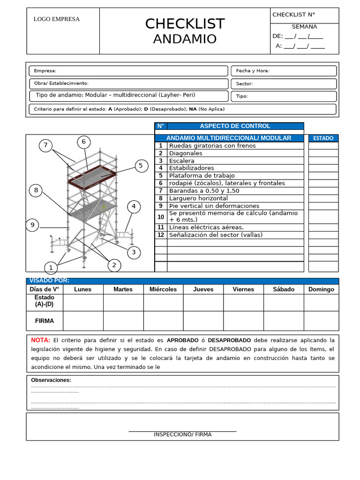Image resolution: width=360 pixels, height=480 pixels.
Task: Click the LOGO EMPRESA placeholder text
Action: (56, 19)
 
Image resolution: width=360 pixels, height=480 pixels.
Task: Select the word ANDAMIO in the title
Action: (185, 39)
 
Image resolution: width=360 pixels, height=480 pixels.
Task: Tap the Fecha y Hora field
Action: (283, 71)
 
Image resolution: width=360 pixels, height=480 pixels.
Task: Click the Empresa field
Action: (128, 71)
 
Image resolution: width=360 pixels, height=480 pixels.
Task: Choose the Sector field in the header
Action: (283, 83)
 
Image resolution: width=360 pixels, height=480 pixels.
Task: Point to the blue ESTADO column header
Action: (323, 138)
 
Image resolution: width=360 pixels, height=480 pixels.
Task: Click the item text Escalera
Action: (181, 161)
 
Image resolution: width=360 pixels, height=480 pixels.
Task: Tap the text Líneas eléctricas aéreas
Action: (206, 227)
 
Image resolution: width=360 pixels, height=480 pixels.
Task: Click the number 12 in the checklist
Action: (161, 235)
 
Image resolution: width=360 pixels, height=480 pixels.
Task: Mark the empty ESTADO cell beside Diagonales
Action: (323, 153)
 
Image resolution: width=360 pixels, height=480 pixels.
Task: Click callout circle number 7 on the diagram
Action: (45, 145)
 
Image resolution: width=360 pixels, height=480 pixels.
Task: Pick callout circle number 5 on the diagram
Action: (140, 165)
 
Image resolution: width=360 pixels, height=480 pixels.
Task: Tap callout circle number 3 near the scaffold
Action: (134, 253)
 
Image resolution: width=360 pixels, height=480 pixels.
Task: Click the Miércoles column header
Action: (163, 289)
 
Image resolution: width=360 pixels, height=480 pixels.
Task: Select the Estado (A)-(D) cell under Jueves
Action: (203, 302)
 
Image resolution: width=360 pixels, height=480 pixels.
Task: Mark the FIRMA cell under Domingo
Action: (321, 321)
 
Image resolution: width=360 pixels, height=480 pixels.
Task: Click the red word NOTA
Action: (40, 340)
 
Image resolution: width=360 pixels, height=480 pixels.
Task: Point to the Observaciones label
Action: (51, 380)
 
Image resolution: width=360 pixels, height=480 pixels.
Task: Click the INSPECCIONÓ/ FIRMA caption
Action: (182, 435)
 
